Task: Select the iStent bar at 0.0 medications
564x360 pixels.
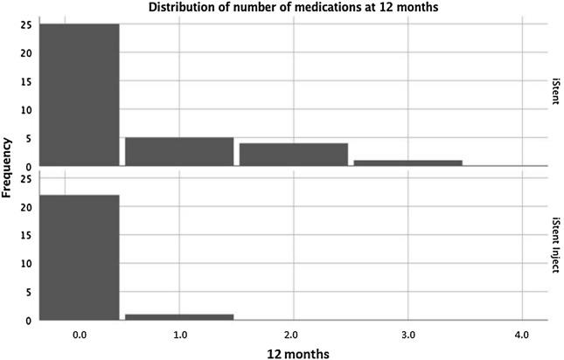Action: [x=80, y=94]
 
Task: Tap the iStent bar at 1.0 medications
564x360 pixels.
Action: [x=179, y=151]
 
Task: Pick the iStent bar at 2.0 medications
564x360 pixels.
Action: [x=294, y=154]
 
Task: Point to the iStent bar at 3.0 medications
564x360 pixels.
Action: [x=407, y=163]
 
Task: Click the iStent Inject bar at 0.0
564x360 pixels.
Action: [x=80, y=257]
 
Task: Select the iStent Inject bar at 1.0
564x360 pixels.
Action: [x=179, y=316]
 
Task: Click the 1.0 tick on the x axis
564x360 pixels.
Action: [x=179, y=334]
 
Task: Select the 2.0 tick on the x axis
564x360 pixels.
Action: [x=294, y=334]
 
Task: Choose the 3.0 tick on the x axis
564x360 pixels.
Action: [x=407, y=334]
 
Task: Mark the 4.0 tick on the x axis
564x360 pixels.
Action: [x=521, y=334]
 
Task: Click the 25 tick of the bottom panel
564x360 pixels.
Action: [x=27, y=179]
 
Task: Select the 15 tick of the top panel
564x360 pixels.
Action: [x=27, y=81]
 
